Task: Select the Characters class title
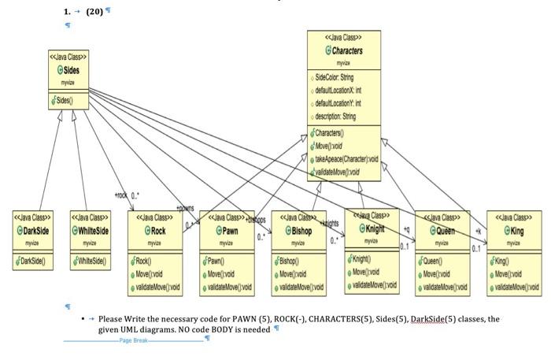click(x=346, y=50)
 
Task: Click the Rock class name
click(x=157, y=231)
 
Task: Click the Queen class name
click(x=446, y=231)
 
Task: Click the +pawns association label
click(x=185, y=209)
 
